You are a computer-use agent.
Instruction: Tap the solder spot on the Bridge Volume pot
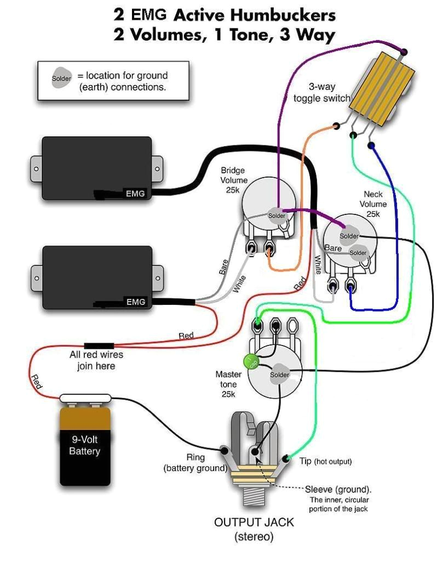[277, 215]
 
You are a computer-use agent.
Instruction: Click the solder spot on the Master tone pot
[279, 374]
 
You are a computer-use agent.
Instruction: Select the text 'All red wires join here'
[96, 360]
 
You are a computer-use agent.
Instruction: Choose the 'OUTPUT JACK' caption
[254, 522]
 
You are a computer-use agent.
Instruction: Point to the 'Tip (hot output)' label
[325, 461]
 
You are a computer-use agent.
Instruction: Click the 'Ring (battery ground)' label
[195, 462]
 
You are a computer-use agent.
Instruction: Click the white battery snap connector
[85, 400]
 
